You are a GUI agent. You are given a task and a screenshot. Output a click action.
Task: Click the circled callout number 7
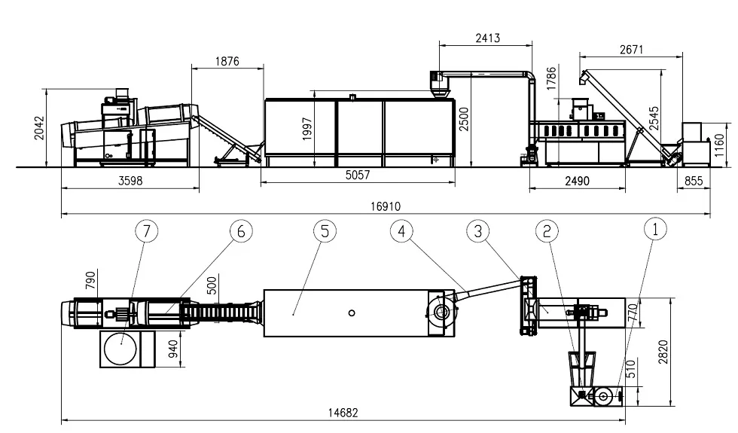pyautogui.click(x=146, y=231)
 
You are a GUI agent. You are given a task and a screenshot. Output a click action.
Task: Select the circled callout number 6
pyautogui.click(x=241, y=231)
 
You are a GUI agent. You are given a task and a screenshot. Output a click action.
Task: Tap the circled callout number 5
pyautogui.click(x=325, y=231)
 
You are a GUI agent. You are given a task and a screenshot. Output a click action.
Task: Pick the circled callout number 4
pyautogui.click(x=401, y=231)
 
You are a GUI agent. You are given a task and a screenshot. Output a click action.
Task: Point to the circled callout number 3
pyautogui.click(x=478, y=231)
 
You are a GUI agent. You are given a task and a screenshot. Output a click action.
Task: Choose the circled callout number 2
pyautogui.click(x=547, y=231)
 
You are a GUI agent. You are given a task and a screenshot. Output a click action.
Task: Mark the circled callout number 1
pyautogui.click(x=655, y=229)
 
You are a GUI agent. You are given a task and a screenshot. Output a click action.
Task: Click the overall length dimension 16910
pyautogui.click(x=386, y=206)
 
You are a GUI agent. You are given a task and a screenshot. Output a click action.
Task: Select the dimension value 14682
pyautogui.click(x=343, y=413)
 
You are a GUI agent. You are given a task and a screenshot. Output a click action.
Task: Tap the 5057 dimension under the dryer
pyautogui.click(x=358, y=175)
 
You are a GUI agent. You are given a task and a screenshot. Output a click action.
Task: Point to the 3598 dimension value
pyautogui.click(x=130, y=181)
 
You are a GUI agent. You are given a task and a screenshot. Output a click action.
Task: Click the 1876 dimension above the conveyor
pyautogui.click(x=227, y=61)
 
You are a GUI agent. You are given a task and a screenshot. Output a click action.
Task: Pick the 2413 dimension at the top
pyautogui.click(x=488, y=38)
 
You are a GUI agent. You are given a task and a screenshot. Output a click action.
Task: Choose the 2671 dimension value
pyautogui.click(x=631, y=50)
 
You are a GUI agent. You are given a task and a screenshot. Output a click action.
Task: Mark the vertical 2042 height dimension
pyautogui.click(x=39, y=128)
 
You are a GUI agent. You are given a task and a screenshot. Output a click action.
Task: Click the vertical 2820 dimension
pyautogui.click(x=663, y=352)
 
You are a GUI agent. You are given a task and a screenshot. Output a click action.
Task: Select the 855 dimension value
pyautogui.click(x=694, y=181)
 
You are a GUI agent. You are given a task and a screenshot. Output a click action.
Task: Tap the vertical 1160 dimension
pyautogui.click(x=718, y=145)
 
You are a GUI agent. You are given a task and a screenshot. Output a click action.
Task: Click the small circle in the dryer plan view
pyautogui.click(x=352, y=313)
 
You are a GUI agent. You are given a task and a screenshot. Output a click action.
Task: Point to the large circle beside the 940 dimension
pyautogui.click(x=120, y=349)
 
